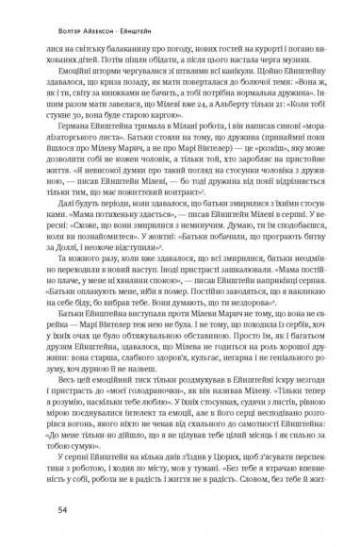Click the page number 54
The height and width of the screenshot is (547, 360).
pyautogui.click(x=62, y=510)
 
